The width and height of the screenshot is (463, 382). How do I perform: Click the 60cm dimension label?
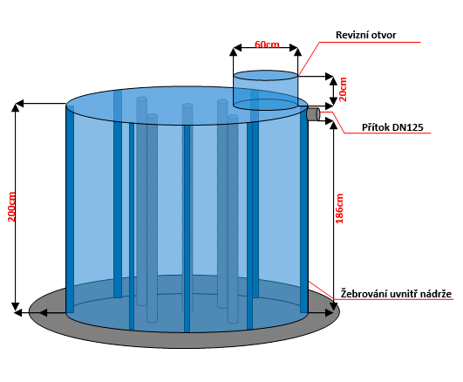pyautogui.click(x=267, y=44)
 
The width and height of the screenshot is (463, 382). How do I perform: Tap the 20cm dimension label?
pyautogui.click(x=343, y=90)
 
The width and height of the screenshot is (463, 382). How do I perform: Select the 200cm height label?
pyautogui.click(x=11, y=207)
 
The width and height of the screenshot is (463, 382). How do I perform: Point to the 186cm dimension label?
pyautogui.click(x=339, y=208)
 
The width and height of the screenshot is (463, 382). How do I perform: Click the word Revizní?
pyautogui.click(x=351, y=35)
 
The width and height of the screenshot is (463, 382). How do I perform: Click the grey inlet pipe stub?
pyautogui.click(x=313, y=114)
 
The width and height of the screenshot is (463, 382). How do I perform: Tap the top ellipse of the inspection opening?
pyautogui.click(x=265, y=76)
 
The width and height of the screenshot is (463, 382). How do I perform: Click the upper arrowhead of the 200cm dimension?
pyautogui.click(x=16, y=107)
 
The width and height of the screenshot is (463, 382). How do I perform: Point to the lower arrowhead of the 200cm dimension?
pyautogui.click(x=16, y=307)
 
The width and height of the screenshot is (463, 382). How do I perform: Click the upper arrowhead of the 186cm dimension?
pyautogui.click(x=333, y=125)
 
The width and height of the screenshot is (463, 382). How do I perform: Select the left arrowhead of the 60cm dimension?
pyautogui.click(x=237, y=48)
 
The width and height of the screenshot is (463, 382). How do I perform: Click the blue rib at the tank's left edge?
pyautogui.click(x=70, y=208)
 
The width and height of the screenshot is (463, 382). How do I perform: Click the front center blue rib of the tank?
pyautogui.click(x=187, y=229)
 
